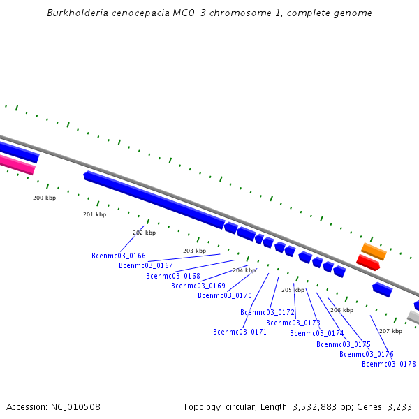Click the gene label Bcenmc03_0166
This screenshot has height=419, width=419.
click(x=119, y=256)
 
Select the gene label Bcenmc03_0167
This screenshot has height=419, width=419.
click(x=146, y=265)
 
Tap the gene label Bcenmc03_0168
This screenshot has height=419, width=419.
click(x=173, y=276)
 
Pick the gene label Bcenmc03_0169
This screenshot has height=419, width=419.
click(x=198, y=286)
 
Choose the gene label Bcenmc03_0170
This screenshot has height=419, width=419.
click(x=225, y=295)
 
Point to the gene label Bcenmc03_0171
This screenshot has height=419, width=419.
click(x=240, y=332)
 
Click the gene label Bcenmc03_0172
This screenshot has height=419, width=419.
click(x=267, y=312)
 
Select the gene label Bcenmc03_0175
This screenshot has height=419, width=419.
click(x=344, y=344)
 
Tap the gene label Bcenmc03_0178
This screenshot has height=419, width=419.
click(x=389, y=364)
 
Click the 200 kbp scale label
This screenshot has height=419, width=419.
click(x=44, y=198)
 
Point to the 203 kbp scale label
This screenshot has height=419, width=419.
click(x=194, y=251)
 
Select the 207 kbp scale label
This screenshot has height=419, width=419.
click(x=390, y=331)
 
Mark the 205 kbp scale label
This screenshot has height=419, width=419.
click(x=293, y=290)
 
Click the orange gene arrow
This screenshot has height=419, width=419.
click(x=374, y=251)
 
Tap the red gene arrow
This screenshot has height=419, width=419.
click(x=368, y=263)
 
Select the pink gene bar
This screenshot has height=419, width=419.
click(x=15, y=164)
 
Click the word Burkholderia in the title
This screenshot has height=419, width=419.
click(x=78, y=13)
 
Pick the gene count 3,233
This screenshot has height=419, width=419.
click(x=399, y=406)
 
